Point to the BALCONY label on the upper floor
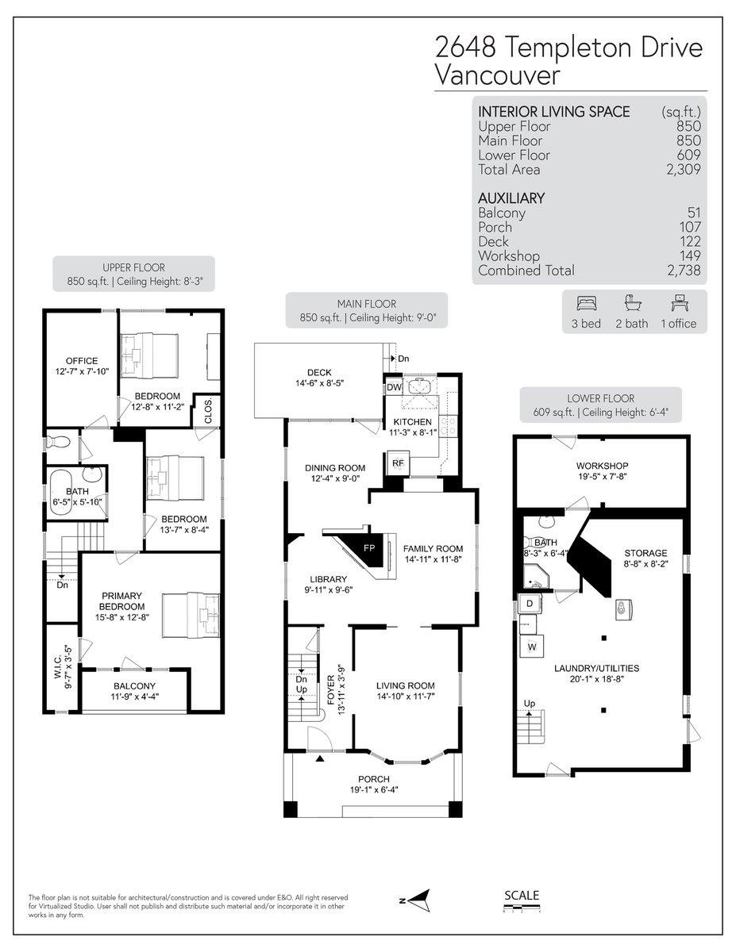pos(134,685)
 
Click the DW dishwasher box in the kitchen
pos(394,387)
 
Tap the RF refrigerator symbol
pos(398,463)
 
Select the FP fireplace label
pos(368,548)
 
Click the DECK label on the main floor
pos(319,372)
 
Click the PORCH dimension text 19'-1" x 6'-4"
pos(372,789)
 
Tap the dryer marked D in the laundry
pos(530,605)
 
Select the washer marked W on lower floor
pos(531,647)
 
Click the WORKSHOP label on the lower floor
pos(602,466)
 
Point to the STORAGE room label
pos(645,553)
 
